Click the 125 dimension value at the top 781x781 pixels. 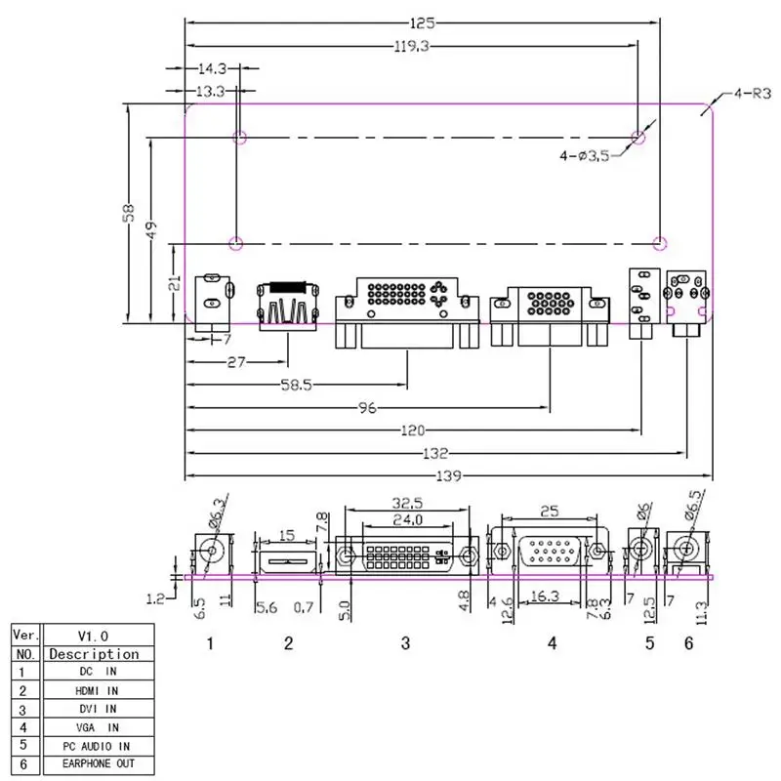[x=423, y=22]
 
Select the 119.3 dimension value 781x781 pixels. [x=411, y=46]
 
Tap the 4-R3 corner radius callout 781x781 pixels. [x=752, y=93]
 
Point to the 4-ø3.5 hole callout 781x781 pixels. [x=584, y=156]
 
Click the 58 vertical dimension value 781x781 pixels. [x=129, y=213]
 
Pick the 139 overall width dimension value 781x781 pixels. [x=448, y=476]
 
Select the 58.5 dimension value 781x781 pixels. [x=297, y=385]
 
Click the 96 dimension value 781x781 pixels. [x=368, y=408]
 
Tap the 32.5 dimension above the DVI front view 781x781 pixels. [x=407, y=503]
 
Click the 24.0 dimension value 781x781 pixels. [x=407, y=520]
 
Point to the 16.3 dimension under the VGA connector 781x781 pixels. [x=545, y=596]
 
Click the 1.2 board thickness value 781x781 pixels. [x=155, y=598]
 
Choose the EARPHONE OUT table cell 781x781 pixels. [x=99, y=764]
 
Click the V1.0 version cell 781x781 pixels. [x=99, y=636]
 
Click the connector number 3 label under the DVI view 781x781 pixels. [x=405, y=643]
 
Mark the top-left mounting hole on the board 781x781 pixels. [x=240, y=137]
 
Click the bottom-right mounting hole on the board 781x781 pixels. [x=660, y=243]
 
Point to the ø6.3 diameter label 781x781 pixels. [x=217, y=514]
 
